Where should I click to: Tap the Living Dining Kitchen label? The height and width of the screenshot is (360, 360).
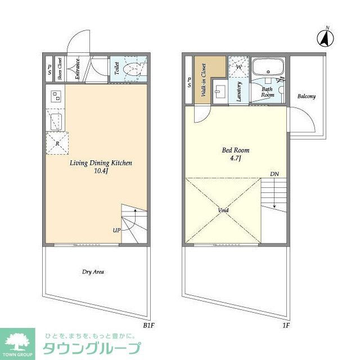click(x=101, y=163)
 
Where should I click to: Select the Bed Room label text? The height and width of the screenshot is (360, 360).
click(x=235, y=151)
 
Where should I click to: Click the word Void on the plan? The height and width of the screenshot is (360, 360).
click(x=223, y=210)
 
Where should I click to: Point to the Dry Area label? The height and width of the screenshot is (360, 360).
click(x=93, y=272)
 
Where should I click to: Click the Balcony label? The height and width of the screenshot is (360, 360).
click(x=307, y=96)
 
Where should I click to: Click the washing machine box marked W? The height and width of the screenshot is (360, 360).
click(x=238, y=66)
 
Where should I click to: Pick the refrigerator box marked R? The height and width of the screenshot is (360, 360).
click(x=58, y=142)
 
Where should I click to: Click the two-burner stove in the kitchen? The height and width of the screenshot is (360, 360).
click(x=56, y=96)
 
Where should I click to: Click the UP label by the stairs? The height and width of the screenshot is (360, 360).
click(x=116, y=231)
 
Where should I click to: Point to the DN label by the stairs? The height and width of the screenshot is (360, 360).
click(x=274, y=174)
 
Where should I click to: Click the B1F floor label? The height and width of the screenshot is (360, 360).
click(x=148, y=326)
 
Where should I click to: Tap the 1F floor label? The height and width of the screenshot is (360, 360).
click(x=285, y=326)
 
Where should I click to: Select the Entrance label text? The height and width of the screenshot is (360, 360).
click(x=78, y=70)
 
